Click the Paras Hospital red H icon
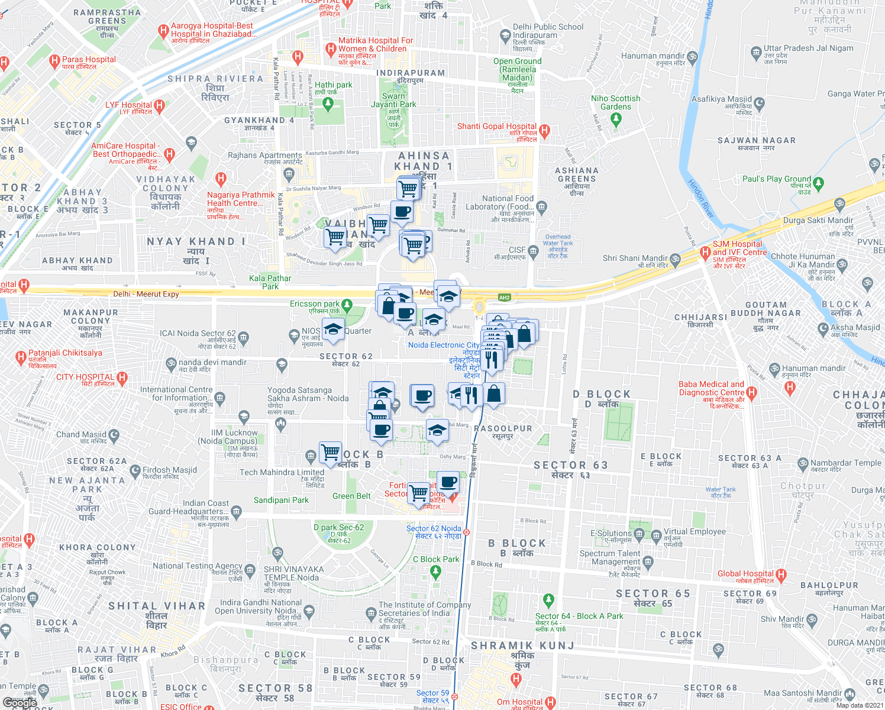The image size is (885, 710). (x=55, y=60)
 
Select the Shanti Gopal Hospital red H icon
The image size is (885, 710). (x=544, y=130)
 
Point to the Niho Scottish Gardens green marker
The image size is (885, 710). (x=616, y=119)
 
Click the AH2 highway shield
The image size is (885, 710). (x=504, y=298)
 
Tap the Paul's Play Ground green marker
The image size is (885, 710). (x=818, y=183)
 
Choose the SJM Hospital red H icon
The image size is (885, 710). (x=705, y=253)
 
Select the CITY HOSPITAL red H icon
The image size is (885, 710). (x=122, y=377)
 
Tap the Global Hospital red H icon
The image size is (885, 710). (x=781, y=574)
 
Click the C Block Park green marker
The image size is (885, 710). (x=436, y=571)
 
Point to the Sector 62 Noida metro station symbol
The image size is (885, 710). (x=467, y=532)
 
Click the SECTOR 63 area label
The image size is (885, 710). (x=570, y=466)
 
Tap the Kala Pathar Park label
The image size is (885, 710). (x=270, y=282)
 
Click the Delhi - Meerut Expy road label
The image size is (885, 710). (x=146, y=294)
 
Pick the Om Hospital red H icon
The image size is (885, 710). (x=550, y=702)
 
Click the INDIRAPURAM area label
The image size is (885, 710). (x=411, y=73)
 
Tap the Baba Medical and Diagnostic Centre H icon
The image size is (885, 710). (x=751, y=392)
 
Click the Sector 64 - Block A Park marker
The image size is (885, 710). (x=548, y=600)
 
